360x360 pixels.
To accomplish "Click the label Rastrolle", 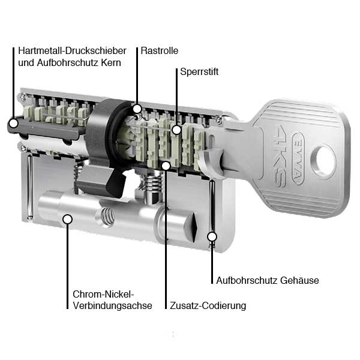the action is point(160,51).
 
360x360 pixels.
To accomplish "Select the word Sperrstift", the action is point(199,72).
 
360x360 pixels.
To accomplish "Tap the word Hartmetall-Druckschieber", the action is point(72,51).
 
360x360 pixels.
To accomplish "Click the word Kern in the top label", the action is point(110,62).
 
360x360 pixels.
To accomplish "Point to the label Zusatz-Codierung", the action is point(208,305).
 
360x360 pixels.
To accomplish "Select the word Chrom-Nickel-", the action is point(103,294).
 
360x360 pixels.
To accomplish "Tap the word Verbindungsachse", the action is point(112,306).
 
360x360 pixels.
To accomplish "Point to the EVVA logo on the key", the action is point(298,158).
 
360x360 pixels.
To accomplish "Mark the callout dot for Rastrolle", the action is point(137,109).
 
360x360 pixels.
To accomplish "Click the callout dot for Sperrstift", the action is point(176,130).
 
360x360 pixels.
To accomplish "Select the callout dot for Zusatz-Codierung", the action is point(166,166).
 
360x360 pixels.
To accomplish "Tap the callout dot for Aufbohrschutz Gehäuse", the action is point(212,236).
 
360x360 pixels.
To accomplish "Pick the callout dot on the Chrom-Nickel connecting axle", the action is point(67,219).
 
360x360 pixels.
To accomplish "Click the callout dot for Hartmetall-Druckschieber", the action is point(14,123).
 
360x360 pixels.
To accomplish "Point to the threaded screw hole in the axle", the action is point(107,217).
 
